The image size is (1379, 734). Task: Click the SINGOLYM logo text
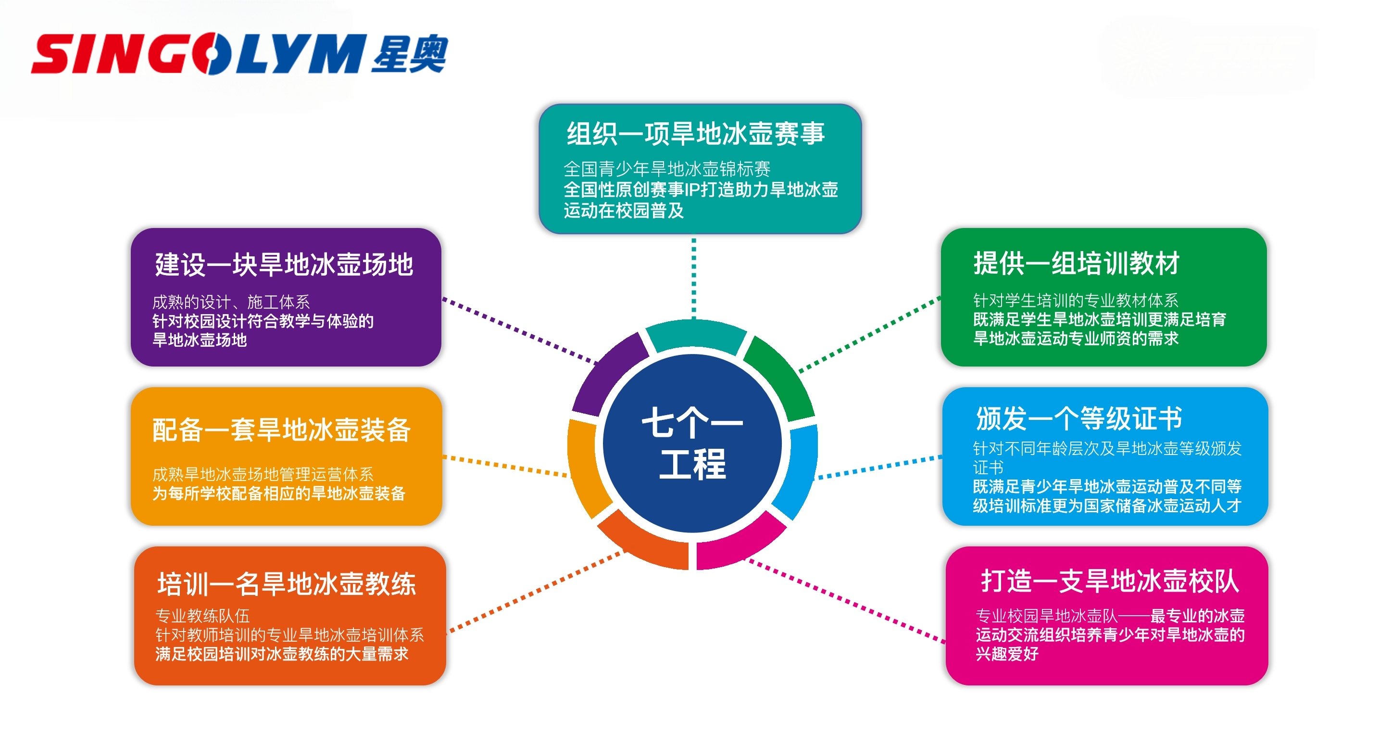[x=198, y=53]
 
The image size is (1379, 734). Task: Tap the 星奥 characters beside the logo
[x=410, y=53]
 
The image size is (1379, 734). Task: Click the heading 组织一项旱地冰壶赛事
[x=695, y=133]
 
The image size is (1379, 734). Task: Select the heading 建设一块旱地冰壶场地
[x=284, y=265]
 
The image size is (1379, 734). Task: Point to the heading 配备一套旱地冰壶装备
[x=282, y=430]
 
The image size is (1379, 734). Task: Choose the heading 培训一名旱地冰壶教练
[x=287, y=583]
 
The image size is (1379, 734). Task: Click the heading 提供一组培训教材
[x=1076, y=264]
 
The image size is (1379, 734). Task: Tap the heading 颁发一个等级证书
[x=1078, y=418]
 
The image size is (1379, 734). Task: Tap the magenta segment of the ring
[x=739, y=544]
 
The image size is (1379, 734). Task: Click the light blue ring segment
[x=800, y=471]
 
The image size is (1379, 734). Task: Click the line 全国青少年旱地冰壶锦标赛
[x=666, y=169]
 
